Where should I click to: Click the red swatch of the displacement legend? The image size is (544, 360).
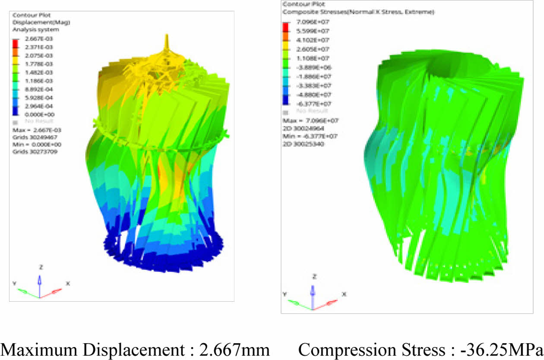point(16,44)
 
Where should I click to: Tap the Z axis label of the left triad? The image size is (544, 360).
point(40,267)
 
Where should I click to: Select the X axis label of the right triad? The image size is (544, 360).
point(344,294)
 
